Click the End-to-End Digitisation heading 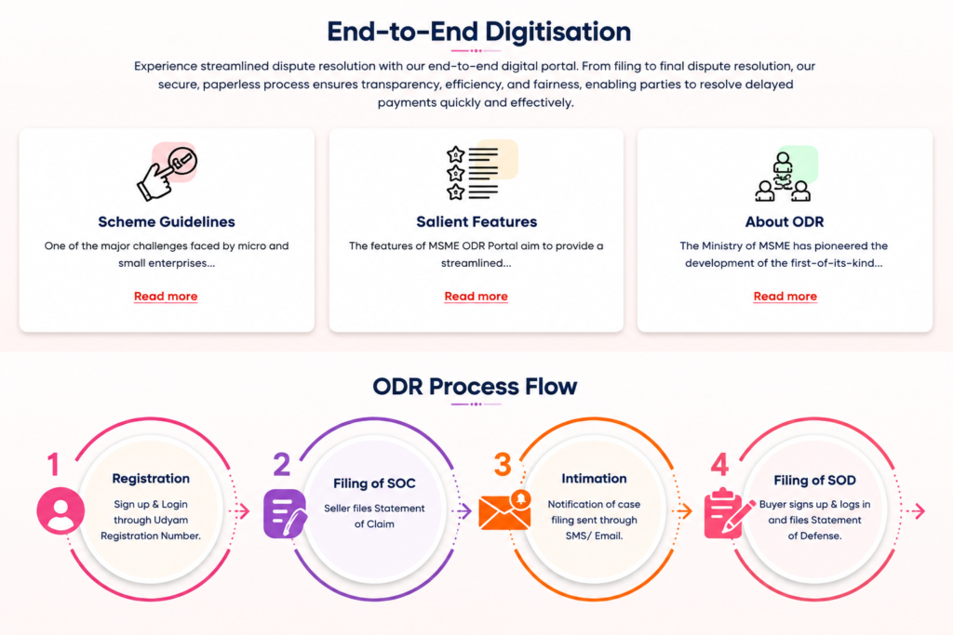tap(479, 32)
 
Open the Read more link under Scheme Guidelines tap(166, 297)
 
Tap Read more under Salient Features tap(476, 297)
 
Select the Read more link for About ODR tap(785, 297)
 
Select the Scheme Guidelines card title tap(167, 221)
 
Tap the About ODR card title tap(785, 221)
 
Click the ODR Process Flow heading tap(475, 386)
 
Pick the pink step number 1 tap(53, 465)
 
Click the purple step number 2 tap(281, 465)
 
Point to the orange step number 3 tap(502, 465)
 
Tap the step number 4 tap(719, 465)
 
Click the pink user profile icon tap(60, 510)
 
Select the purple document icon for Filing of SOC tap(285, 513)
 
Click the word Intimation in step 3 tap(594, 479)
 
